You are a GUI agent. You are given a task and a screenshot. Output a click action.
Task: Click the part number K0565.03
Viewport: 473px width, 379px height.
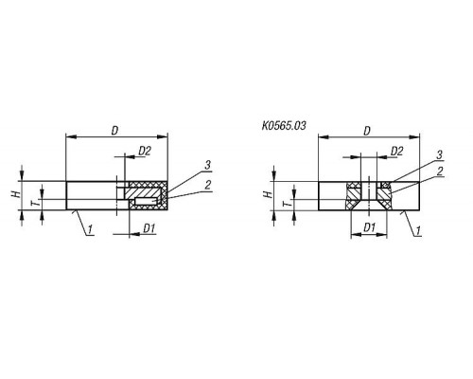tap(284, 126)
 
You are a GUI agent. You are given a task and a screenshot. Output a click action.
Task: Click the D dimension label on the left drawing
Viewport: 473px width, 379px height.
tap(114, 131)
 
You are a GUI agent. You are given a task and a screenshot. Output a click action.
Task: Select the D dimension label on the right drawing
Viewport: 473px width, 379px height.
tap(367, 131)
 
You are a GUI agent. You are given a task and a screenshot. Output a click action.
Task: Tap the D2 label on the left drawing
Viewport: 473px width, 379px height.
tap(145, 152)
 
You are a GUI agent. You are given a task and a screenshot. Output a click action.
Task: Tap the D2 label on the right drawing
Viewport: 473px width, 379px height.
tap(397, 152)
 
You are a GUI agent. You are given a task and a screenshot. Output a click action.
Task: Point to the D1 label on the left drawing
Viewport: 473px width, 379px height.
tap(149, 228)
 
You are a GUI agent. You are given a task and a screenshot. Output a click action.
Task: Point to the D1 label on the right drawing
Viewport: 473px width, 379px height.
tap(369, 227)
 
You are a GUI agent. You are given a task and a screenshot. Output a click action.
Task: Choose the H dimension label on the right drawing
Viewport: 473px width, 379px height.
tap(268, 193)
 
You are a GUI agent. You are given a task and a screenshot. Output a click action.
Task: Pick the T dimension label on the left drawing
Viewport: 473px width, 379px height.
tap(37, 202)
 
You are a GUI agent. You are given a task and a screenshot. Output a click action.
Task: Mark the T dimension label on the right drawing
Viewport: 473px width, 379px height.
tap(288, 203)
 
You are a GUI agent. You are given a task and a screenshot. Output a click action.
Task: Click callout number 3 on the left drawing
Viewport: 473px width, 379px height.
tap(207, 165)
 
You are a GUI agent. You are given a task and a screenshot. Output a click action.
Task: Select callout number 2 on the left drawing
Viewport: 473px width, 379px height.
tap(207, 185)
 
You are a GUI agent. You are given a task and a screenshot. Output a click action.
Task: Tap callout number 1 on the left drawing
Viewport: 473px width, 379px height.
tap(90, 229)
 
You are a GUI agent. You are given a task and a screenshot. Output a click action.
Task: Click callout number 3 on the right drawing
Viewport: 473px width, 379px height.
tap(439, 154)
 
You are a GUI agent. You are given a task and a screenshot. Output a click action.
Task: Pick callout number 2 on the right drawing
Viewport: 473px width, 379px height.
tap(440, 171)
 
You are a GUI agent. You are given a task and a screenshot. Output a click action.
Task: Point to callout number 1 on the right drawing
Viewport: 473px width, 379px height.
tap(418, 230)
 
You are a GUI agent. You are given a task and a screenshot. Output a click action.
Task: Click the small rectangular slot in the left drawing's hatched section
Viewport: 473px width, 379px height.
tap(146, 201)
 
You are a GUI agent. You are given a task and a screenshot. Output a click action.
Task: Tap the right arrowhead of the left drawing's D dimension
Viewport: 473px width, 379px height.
tap(162, 136)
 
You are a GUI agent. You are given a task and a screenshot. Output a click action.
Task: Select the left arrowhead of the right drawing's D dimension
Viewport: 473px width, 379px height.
tap(324, 137)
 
